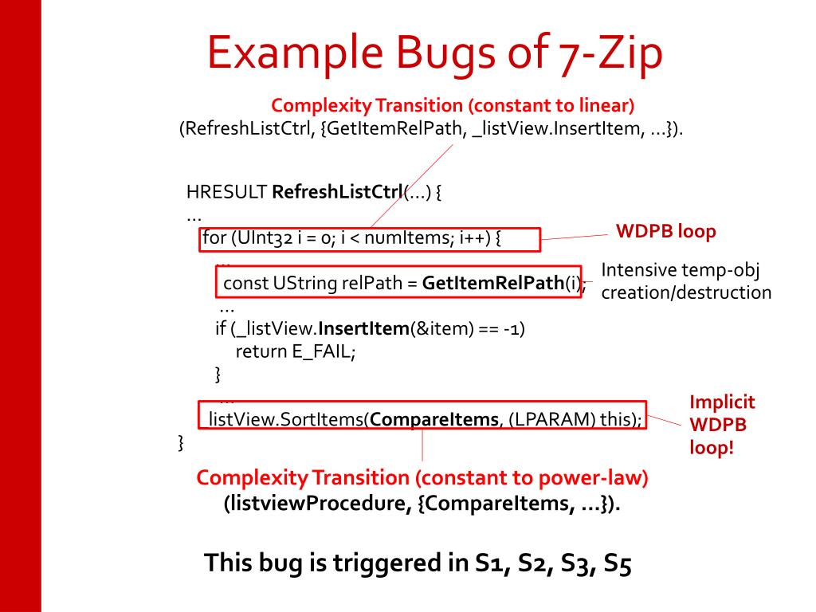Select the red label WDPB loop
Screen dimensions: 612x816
666,231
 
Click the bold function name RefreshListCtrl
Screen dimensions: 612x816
338,192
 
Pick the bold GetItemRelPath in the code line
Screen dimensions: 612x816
492,283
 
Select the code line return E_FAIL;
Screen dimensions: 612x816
294,351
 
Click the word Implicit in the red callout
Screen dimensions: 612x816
722,402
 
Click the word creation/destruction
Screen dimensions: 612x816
685,292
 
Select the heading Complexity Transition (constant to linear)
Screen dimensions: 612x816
453,104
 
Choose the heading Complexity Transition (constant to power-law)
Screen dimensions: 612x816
422,478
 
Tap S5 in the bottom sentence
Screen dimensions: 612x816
617,563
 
